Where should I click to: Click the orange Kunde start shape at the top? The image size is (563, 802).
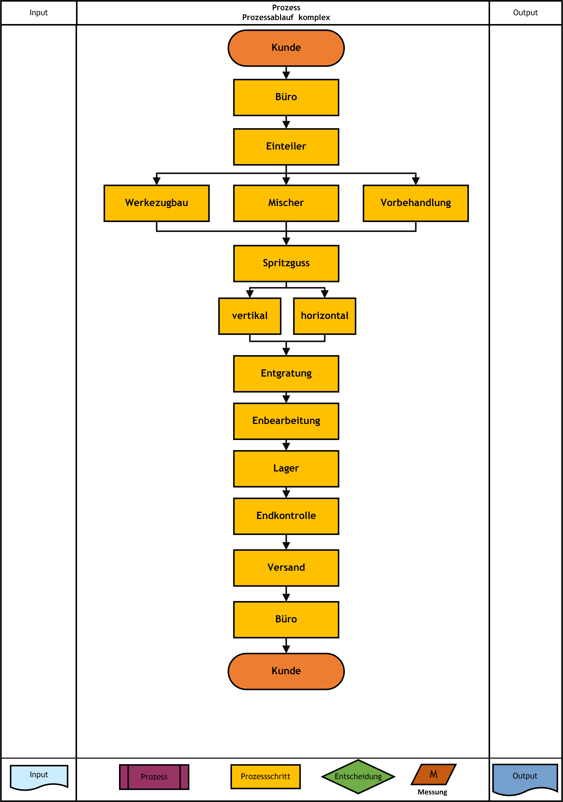pyautogui.click(x=286, y=48)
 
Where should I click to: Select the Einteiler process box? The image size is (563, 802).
pyautogui.click(x=286, y=147)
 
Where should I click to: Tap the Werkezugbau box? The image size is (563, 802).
pyautogui.click(x=157, y=203)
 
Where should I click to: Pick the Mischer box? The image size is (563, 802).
pyautogui.click(x=286, y=203)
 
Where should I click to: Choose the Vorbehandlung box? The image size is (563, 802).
pyautogui.click(x=416, y=203)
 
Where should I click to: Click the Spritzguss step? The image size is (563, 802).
pyautogui.click(x=286, y=263)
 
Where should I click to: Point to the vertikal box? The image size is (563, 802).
pyautogui.click(x=250, y=316)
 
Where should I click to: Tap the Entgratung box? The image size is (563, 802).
pyautogui.click(x=286, y=374)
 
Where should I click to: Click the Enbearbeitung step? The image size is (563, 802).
pyautogui.click(x=286, y=421)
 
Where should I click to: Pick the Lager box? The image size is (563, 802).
pyautogui.click(x=286, y=469)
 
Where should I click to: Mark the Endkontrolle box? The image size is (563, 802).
pyautogui.click(x=286, y=516)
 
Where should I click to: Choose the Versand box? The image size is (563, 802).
pyautogui.click(x=286, y=568)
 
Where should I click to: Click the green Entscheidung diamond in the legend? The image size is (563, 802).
pyautogui.click(x=358, y=777)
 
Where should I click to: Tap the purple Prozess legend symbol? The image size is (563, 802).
pyautogui.click(x=154, y=777)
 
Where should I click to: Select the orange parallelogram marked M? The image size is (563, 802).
pyautogui.click(x=434, y=774)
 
